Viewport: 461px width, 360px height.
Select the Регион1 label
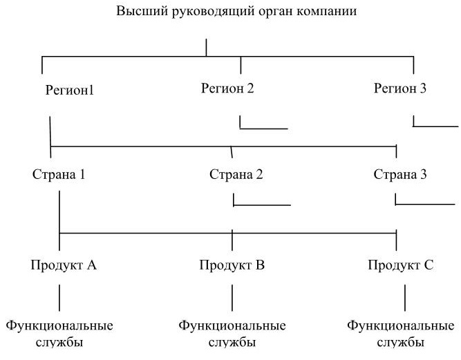[70, 90]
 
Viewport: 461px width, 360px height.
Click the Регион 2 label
[227, 88]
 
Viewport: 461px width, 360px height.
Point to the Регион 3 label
[400, 88]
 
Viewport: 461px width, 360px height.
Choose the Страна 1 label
[59, 174]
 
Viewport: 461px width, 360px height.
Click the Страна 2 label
[236, 174]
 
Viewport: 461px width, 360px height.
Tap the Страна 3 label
[400, 174]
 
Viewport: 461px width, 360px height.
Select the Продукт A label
[64, 265]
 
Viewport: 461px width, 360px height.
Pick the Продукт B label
[232, 265]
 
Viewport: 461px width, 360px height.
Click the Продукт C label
[401, 265]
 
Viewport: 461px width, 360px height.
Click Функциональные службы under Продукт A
[59, 334]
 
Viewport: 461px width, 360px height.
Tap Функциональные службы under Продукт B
[232, 334]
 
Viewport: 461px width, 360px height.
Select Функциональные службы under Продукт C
[401, 334]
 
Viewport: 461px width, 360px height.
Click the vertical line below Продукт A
[59, 298]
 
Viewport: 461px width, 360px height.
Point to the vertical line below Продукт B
[232, 298]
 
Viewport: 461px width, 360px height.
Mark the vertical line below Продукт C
[405, 298]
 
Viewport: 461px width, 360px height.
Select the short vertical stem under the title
[206, 47]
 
